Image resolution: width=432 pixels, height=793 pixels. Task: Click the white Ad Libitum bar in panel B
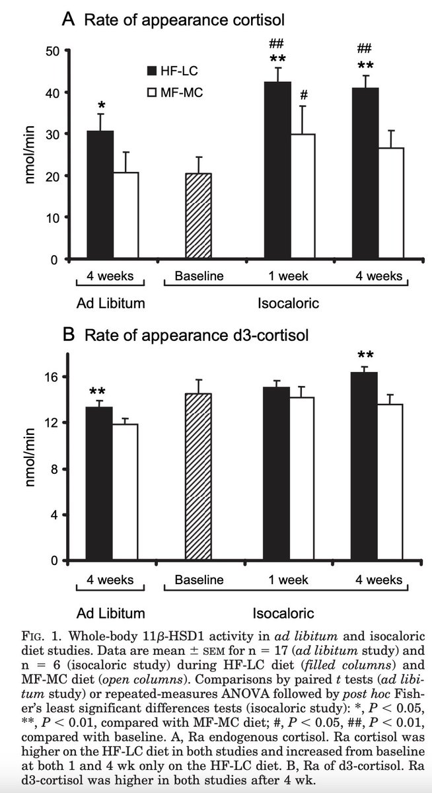coord(126,492)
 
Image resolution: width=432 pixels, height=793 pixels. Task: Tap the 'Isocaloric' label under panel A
coord(288,303)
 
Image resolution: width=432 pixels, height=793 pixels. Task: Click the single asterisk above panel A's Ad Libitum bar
coord(101,106)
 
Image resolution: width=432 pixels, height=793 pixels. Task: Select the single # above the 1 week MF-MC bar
coord(304,94)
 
